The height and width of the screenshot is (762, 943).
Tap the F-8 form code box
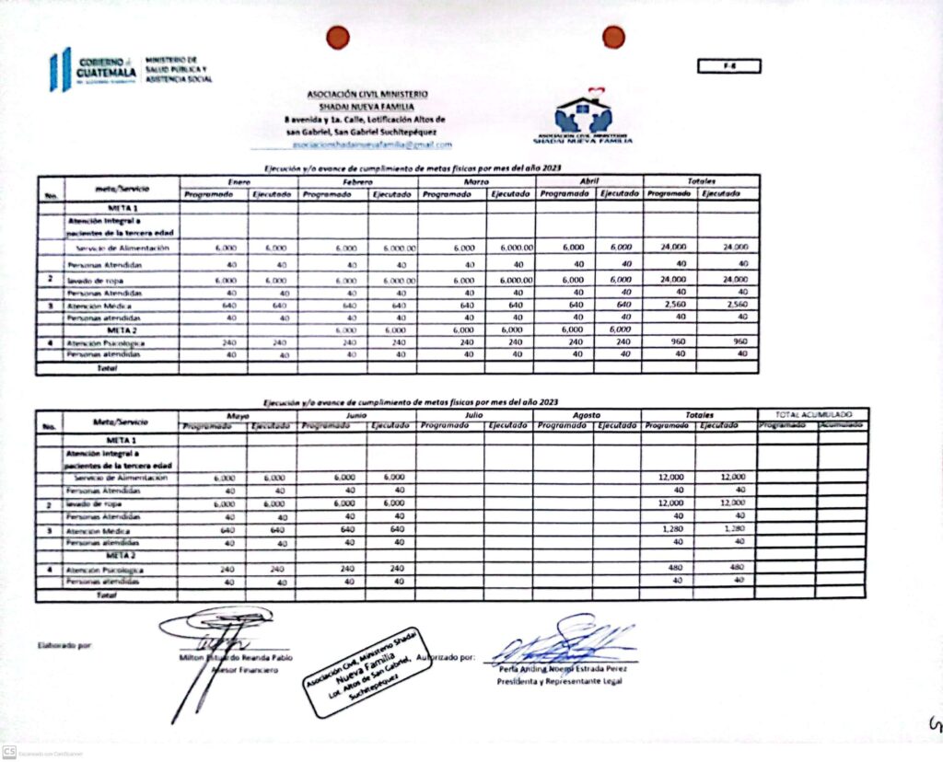(728, 65)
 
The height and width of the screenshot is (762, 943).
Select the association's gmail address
(371, 144)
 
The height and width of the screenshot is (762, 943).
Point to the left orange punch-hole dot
(339, 37)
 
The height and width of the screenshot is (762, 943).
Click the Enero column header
(239, 181)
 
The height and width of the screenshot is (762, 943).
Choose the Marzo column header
(476, 181)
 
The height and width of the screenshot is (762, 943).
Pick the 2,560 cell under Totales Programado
(669, 305)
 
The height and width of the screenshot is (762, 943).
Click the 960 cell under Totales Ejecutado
(728, 341)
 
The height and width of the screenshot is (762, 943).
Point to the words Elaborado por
(65, 645)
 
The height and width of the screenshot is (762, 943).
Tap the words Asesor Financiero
(243, 671)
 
